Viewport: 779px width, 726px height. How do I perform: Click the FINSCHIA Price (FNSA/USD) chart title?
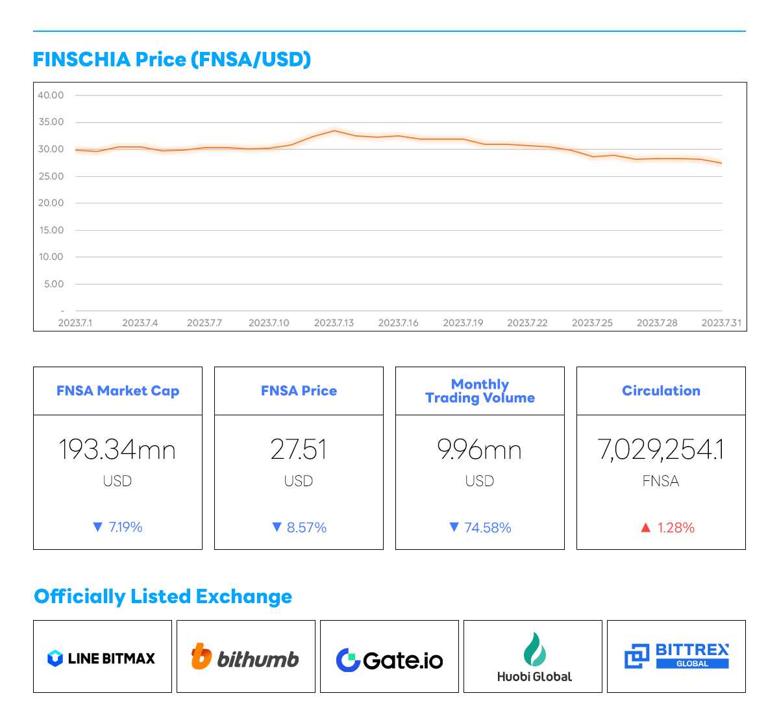pos(172,59)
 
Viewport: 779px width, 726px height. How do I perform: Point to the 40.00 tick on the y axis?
pos(51,96)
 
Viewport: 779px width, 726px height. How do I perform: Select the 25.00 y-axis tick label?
pos(51,176)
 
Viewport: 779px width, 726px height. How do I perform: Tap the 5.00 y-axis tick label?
pos(54,284)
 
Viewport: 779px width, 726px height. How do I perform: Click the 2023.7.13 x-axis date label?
pos(334,323)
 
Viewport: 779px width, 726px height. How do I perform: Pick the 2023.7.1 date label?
pos(75,323)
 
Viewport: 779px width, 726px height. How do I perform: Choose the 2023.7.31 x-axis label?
pos(721,323)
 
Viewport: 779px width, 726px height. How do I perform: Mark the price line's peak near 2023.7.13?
pos(334,131)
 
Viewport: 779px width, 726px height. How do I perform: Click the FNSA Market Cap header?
pos(117,391)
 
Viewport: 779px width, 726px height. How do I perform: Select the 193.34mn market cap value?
pos(117,450)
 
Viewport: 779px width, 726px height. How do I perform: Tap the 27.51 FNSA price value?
pos(299,450)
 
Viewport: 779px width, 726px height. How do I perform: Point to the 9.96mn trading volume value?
pos(480,450)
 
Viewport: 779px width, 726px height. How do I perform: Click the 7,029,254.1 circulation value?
pos(661,450)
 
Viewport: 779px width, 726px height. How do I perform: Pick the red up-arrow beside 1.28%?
pos(645,528)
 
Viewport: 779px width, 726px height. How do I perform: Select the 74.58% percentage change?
pos(488,528)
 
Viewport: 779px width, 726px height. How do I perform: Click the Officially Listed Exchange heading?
pos(163,597)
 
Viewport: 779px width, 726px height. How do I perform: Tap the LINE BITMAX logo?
pos(102,658)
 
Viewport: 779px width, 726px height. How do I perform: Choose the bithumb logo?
pos(245,658)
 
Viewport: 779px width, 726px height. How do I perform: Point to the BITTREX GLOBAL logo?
pos(676,656)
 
